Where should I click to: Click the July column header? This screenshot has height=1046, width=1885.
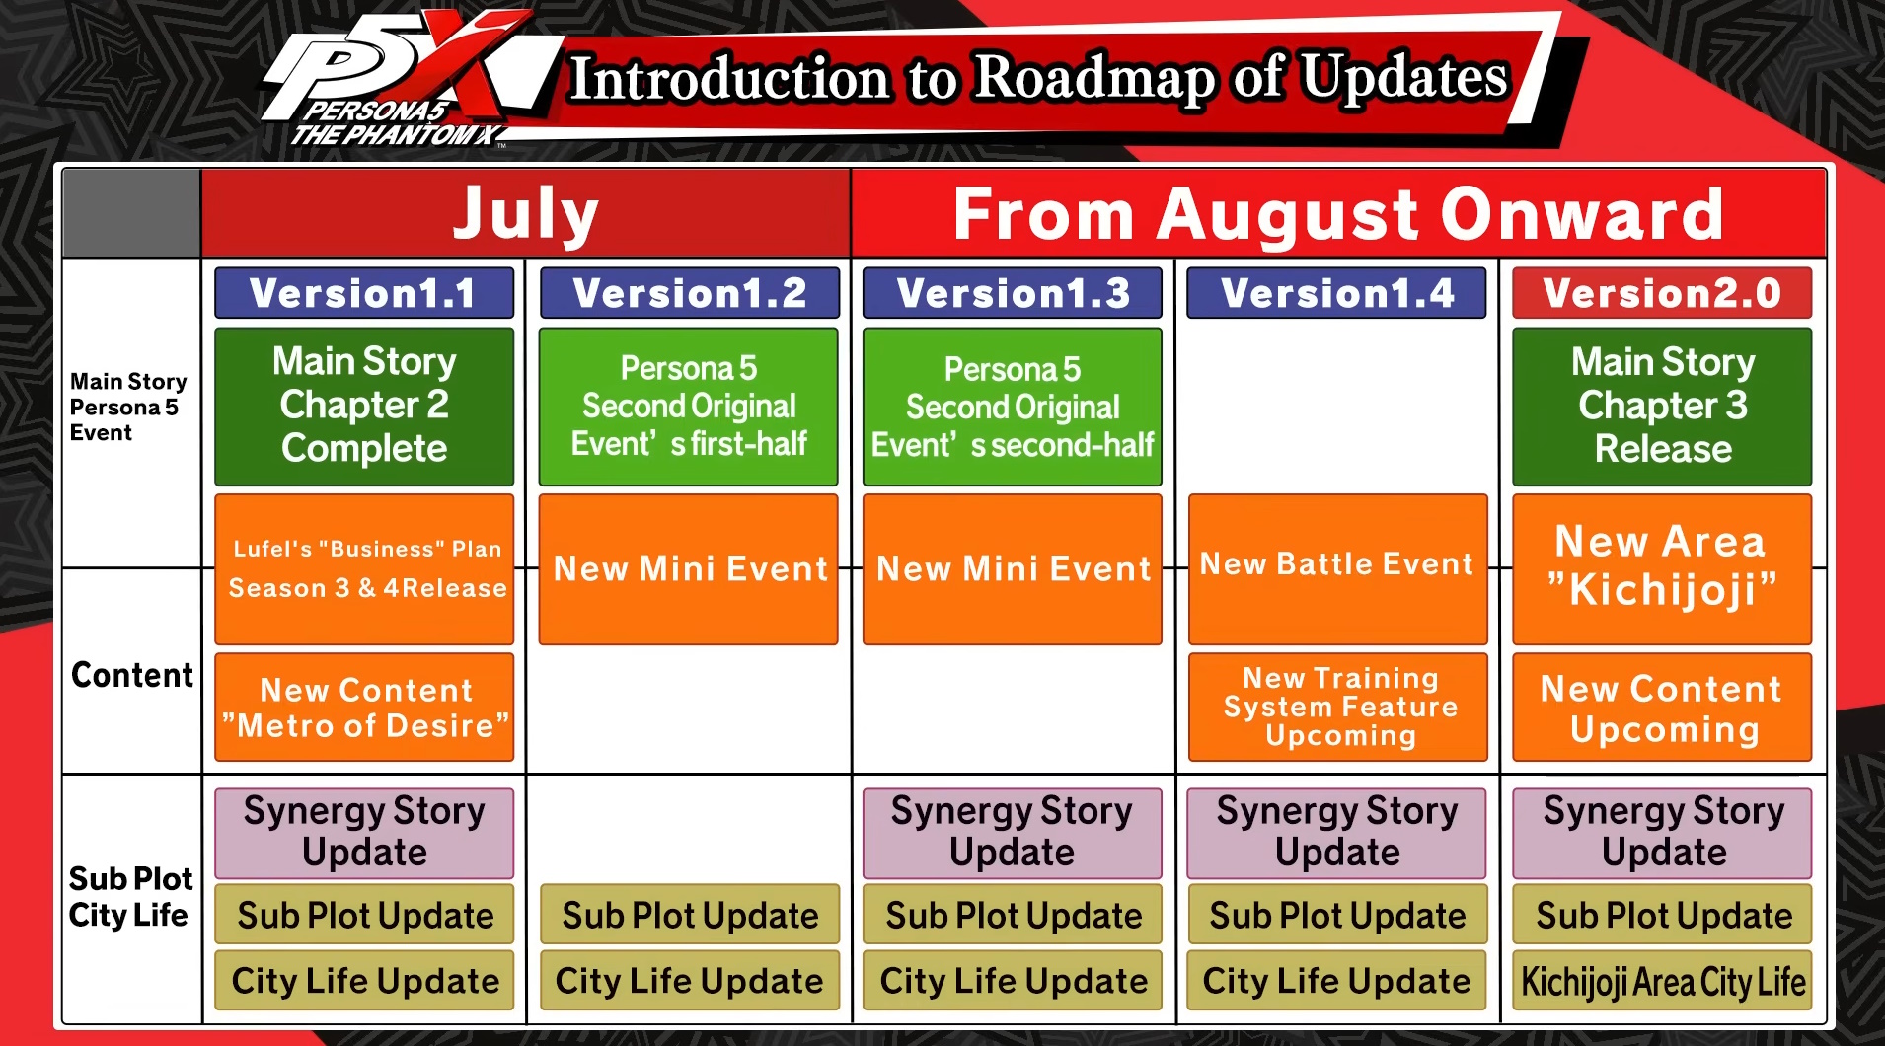tap(525, 213)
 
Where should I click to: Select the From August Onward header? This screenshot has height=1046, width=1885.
tap(1338, 213)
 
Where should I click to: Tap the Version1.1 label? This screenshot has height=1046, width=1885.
tap(364, 293)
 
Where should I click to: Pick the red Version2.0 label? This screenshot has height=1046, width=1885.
tap(1662, 293)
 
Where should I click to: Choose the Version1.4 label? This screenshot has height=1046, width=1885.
tap(1337, 293)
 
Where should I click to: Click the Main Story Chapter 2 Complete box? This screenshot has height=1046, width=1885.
tap(364, 406)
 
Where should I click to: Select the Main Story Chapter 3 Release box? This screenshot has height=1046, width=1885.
tap(1662, 406)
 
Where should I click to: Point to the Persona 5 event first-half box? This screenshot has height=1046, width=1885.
tap(689, 406)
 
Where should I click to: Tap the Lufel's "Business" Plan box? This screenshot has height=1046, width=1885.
tap(364, 569)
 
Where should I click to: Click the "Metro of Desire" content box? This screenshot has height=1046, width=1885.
tap(364, 708)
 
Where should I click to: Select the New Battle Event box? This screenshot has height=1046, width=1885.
tap(1337, 569)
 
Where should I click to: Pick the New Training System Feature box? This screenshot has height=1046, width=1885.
tap(1337, 708)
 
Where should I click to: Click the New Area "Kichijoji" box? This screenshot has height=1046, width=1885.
tap(1662, 569)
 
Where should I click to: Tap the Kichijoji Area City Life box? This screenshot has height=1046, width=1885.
tap(1662, 981)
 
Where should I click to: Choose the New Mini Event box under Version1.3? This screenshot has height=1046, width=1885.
tap(1013, 569)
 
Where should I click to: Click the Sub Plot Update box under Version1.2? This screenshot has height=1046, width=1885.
tap(689, 915)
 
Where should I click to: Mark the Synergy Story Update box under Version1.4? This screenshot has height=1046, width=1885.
tap(1337, 833)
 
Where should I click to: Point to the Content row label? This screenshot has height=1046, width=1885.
tap(132, 675)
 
